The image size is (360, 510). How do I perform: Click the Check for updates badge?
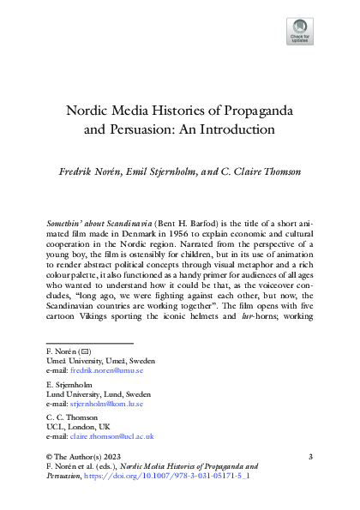[x=299, y=32]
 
